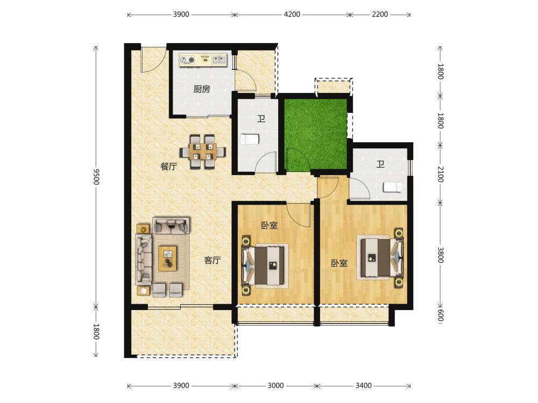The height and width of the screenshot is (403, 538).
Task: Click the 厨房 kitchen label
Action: coord(201,89)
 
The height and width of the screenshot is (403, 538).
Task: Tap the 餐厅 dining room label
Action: coord(169,167)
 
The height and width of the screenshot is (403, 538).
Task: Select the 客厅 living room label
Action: coord(212,261)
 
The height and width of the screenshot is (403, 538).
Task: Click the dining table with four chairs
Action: coord(202,152)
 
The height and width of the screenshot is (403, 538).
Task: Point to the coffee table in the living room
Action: coord(168,258)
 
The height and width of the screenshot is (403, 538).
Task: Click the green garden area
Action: coord(315,135)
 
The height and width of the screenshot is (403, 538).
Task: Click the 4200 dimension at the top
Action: coord(292,15)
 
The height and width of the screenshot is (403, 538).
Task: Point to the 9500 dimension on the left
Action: coord(96,176)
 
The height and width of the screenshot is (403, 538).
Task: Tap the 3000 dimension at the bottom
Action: coord(275,385)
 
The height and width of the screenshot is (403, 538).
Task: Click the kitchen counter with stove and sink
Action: coord(203,60)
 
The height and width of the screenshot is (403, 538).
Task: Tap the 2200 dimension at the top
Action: coord(380,15)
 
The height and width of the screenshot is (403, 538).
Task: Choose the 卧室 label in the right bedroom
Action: coord(339,263)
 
